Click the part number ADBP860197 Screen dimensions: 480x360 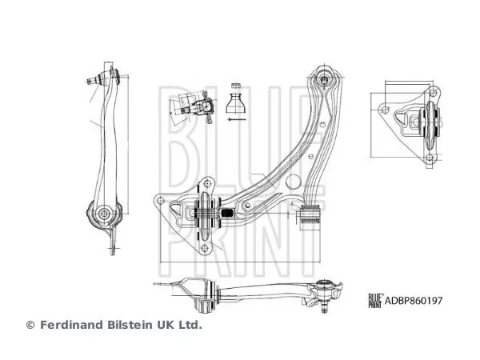(x=414, y=301)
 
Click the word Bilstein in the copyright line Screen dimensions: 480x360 (x=129, y=325)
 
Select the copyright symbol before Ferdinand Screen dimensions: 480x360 (x=30, y=325)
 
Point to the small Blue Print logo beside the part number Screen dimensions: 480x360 (x=375, y=301)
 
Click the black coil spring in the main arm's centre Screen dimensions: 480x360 (x=227, y=213)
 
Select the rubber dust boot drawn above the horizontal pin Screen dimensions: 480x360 (x=235, y=103)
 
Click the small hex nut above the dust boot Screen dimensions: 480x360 (x=235, y=86)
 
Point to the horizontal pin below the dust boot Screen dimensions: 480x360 (x=236, y=119)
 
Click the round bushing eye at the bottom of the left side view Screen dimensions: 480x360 (x=104, y=213)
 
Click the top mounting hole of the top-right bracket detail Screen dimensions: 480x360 (x=433, y=92)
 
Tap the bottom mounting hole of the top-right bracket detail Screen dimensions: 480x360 (x=430, y=158)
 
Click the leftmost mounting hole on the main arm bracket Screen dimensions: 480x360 (x=160, y=201)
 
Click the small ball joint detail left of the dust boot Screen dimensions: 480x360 (x=195, y=107)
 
